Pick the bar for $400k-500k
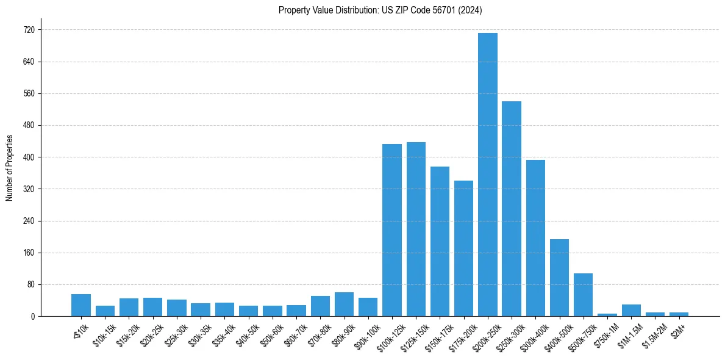tap(559, 278)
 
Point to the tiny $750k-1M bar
tap(607, 315)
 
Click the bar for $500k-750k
tap(583, 295)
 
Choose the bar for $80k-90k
tap(344, 304)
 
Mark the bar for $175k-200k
tap(463, 248)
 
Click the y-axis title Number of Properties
tap(9, 168)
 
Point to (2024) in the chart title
tap(470, 10)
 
